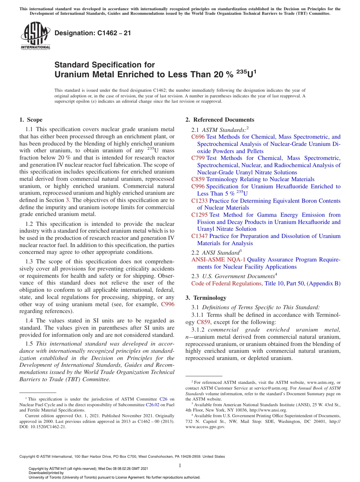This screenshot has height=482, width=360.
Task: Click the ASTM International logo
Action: coord(35,36)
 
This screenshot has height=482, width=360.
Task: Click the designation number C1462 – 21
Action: coord(93,33)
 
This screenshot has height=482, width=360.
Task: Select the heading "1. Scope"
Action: coord(31,120)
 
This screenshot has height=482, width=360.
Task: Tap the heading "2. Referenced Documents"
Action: coord(219,120)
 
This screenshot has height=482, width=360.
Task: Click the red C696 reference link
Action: coord(198,137)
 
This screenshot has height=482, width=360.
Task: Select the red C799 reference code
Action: coord(198,158)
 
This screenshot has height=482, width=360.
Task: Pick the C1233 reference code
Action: coord(199,200)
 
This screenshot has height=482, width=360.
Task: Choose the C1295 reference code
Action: coord(199,215)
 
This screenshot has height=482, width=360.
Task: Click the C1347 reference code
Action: coord(199,236)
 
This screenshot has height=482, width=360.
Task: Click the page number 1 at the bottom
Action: coord(180,465)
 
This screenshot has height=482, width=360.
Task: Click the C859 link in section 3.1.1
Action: coord(203,322)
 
